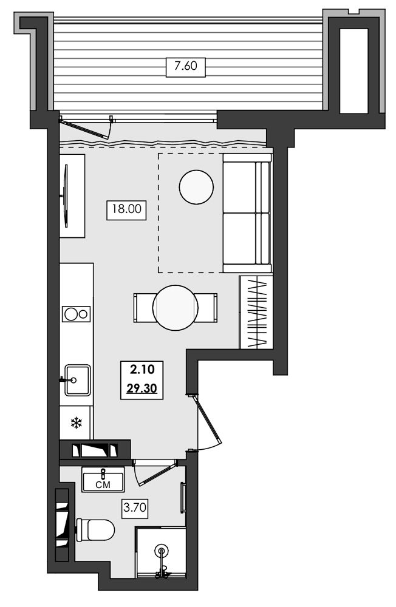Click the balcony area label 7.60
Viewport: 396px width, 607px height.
pyautogui.click(x=186, y=66)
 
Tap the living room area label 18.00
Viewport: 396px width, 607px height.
pyautogui.click(x=127, y=209)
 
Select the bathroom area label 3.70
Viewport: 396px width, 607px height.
pyautogui.click(x=135, y=507)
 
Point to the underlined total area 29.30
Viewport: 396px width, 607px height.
pyautogui.click(x=142, y=388)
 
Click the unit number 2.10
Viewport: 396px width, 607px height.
pyautogui.click(x=142, y=370)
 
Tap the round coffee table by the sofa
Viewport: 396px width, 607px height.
pyautogui.click(x=196, y=187)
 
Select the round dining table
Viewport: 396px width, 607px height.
pyautogui.click(x=175, y=308)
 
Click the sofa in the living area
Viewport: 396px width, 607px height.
pyautogui.click(x=248, y=213)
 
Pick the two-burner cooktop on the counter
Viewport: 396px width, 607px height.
pyautogui.click(x=77, y=314)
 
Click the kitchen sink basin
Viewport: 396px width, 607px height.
pyautogui.click(x=78, y=380)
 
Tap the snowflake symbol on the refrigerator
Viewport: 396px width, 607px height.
pyautogui.click(x=77, y=422)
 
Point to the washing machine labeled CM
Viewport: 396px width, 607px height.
pyautogui.click(x=103, y=480)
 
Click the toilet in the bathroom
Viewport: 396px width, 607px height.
pyautogui.click(x=95, y=530)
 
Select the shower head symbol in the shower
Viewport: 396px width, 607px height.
pyautogui.click(x=161, y=550)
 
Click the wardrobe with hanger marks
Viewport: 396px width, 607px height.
pyautogui.click(x=256, y=313)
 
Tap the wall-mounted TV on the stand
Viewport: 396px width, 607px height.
pyautogui.click(x=66, y=196)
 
